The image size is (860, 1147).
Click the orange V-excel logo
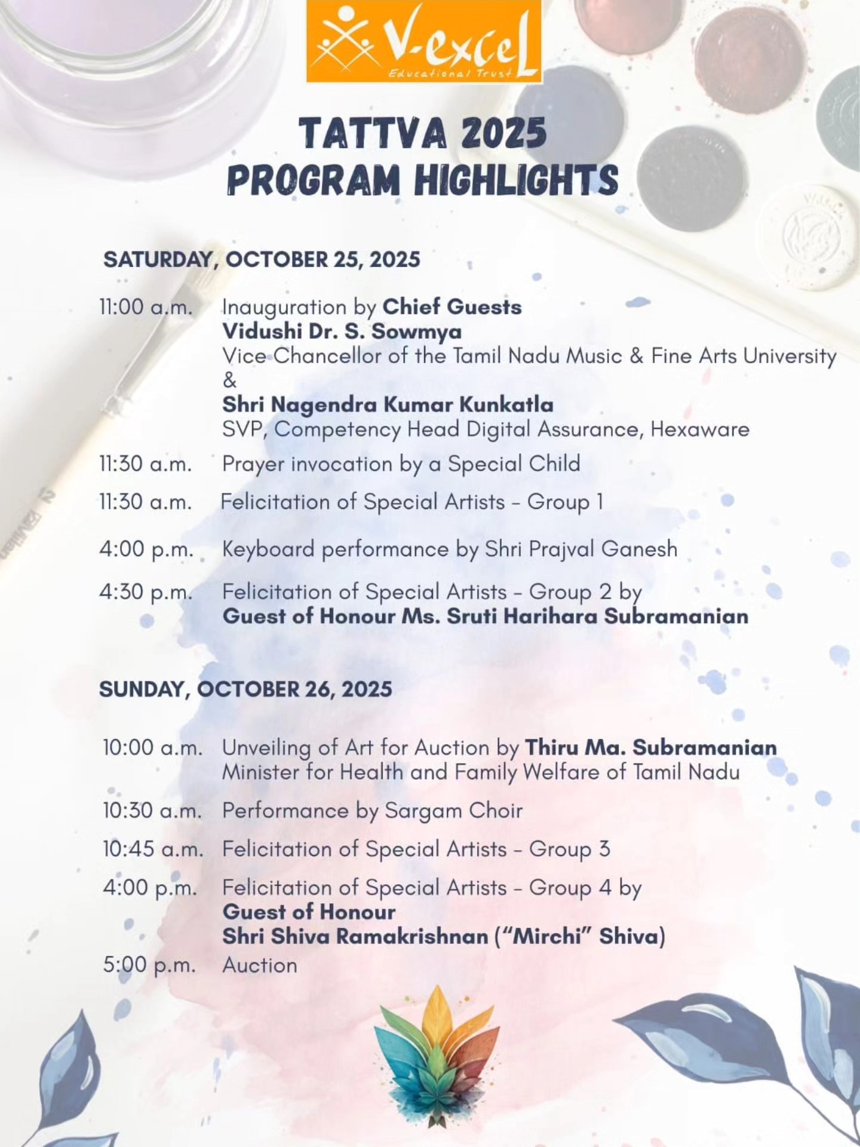point(424,41)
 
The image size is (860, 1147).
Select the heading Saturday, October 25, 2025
point(262,260)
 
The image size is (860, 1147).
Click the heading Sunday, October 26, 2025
point(245,689)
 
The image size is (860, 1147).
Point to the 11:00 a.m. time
point(146,307)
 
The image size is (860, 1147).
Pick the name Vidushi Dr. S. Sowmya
point(342,332)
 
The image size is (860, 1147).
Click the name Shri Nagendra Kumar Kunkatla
point(388,404)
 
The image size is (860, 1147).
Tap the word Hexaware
point(699,430)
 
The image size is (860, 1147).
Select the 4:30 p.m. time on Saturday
point(146,591)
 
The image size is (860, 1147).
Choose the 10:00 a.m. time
point(152,747)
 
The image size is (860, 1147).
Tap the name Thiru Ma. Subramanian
point(650,747)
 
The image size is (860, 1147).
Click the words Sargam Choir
point(453,811)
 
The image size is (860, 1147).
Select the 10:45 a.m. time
point(152,849)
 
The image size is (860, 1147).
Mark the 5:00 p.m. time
point(149,965)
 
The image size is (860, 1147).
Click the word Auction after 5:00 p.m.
point(259,965)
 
